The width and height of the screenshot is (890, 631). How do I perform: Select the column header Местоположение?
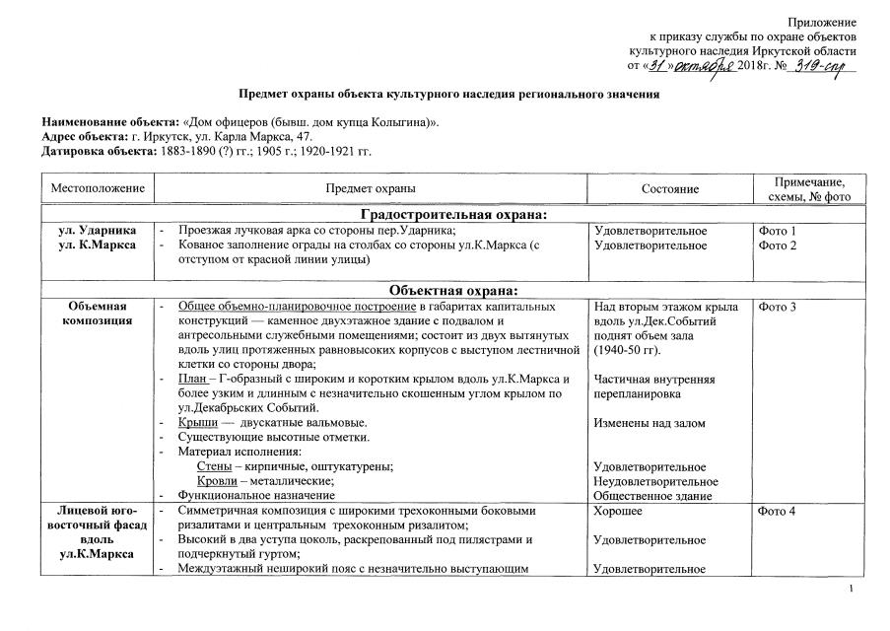[x=98, y=188]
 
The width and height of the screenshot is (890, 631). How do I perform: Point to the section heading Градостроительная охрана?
[x=453, y=215]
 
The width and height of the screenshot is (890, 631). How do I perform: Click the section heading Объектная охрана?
[x=453, y=289]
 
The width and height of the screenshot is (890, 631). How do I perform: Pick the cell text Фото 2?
[x=778, y=245]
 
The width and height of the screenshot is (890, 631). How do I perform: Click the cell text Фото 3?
[x=778, y=308]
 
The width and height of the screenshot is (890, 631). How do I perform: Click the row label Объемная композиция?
[x=98, y=315]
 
